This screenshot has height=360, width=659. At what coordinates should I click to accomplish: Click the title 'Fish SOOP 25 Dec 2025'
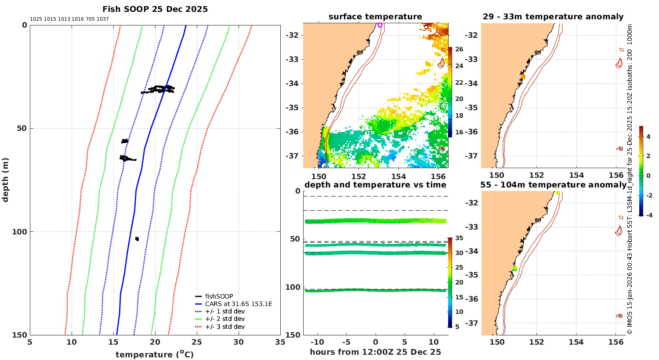pos(155,9)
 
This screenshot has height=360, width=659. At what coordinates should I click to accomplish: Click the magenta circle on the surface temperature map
pos(380,25)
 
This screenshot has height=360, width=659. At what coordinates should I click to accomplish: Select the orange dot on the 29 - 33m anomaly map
pos(523,77)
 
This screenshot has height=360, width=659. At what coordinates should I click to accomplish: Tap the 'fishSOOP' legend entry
pos(219,296)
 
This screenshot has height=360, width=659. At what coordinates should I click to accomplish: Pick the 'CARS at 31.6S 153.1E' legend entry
pos(238,304)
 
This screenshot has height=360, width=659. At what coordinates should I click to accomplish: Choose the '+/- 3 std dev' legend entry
pos(225,327)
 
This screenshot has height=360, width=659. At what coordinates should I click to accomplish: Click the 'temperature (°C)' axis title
pos(155,354)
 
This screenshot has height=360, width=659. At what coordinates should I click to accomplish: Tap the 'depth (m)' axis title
pos(6,180)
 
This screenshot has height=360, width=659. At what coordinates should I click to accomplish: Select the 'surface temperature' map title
pos(375,17)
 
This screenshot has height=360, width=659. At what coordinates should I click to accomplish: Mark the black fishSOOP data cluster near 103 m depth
pos(137,239)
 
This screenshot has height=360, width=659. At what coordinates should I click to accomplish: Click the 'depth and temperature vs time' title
pos(375,185)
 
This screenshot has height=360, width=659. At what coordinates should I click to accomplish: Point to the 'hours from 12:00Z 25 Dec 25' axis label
pos(375,352)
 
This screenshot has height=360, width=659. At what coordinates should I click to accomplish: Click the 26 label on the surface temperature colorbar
pos(459,49)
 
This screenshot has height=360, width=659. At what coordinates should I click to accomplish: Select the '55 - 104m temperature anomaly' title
pos(553,185)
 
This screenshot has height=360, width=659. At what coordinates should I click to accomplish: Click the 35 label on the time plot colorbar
pos(459,238)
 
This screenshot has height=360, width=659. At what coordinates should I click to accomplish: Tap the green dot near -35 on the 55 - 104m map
pos(515,268)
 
